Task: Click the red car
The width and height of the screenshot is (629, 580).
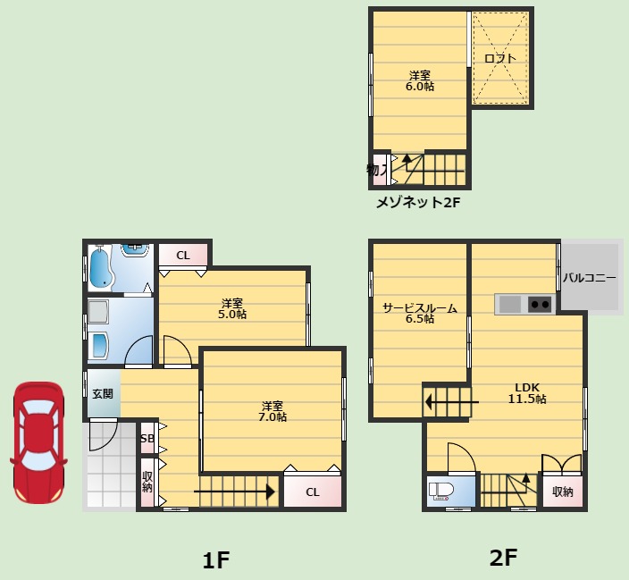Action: pos(39,442)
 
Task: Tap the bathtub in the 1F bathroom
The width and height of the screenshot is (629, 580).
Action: pos(100,267)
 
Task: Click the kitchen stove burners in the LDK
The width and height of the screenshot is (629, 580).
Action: pos(540,304)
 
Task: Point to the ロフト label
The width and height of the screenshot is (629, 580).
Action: pos(499,58)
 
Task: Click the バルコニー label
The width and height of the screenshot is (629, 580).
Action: pos(590,278)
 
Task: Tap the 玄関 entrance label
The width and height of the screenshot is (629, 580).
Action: pos(103,394)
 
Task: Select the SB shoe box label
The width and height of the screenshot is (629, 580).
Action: pos(147,438)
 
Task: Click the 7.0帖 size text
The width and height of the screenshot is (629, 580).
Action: pos(273,417)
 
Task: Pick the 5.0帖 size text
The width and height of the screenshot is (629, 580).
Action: pos(232,315)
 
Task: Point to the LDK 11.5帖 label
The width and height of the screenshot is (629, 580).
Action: pos(527,393)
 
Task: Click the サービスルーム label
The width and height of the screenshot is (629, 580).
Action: pos(420,307)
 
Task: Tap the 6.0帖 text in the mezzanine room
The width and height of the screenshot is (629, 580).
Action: pos(420,87)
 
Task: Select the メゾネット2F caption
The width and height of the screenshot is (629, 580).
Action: pos(418,202)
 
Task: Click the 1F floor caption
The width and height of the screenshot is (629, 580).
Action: pos(216,560)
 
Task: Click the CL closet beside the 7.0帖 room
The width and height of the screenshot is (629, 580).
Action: pos(313,492)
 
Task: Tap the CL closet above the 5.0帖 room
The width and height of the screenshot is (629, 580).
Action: pos(183,256)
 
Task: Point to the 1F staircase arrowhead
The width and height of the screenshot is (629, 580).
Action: pos(271,492)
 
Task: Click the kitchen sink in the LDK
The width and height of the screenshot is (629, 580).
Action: pos(510,304)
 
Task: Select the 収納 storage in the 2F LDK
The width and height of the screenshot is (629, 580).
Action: pos(562,492)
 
